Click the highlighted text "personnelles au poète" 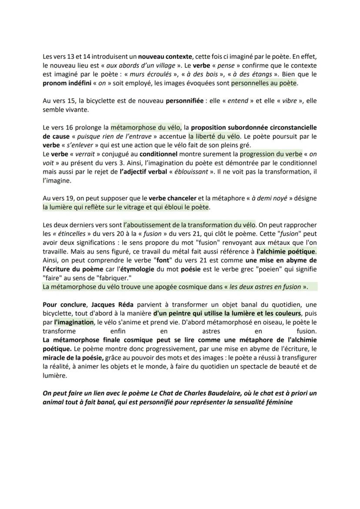pyautogui.click(x=264, y=83)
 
